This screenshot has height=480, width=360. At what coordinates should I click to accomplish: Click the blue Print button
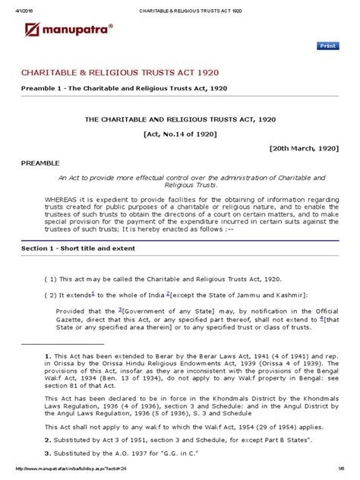(327, 46)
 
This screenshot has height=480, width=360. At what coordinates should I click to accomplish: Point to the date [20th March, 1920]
(302, 150)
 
